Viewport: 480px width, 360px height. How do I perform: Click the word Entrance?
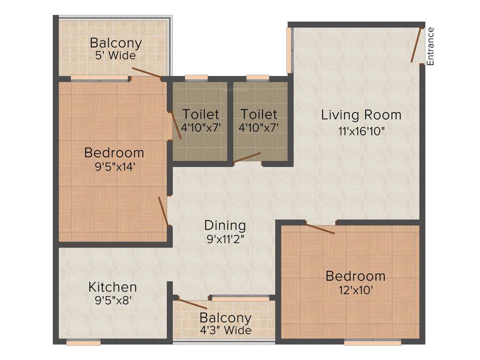(430, 46)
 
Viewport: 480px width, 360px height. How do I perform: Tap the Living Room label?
(361, 115)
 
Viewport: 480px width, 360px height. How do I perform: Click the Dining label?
(225, 225)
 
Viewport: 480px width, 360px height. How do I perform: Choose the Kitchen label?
(113, 287)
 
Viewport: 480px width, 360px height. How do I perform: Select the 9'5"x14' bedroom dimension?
(114, 167)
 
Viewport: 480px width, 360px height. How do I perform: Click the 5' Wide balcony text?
(115, 56)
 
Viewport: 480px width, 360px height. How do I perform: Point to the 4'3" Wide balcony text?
(225, 330)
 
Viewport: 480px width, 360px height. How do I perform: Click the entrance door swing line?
(416, 45)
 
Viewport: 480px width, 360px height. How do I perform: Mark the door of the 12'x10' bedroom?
(320, 229)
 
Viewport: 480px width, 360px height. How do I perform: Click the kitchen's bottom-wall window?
(83, 343)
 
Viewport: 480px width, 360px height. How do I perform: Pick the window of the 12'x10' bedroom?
(373, 343)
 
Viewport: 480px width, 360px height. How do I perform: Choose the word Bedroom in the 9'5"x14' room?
(114, 153)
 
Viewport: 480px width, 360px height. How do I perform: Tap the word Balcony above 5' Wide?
(116, 43)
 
